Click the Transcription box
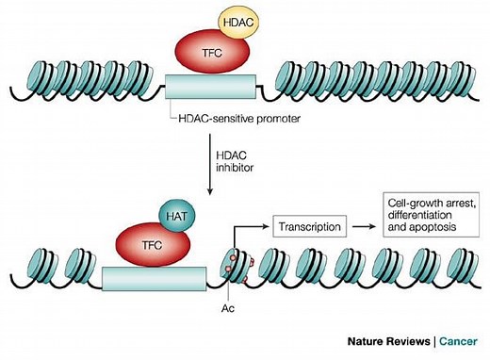[308, 225]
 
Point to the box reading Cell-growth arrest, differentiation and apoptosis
[429, 219]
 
